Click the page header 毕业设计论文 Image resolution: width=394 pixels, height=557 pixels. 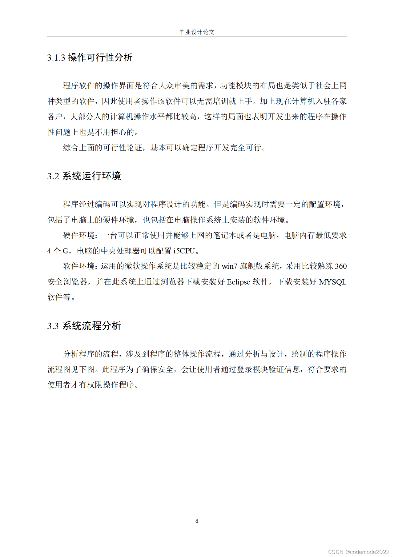[197, 32]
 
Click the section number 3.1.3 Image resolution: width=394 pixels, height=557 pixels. [56, 58]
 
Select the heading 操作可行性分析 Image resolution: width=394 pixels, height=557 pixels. [100, 58]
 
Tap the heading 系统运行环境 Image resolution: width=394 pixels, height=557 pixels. [92, 176]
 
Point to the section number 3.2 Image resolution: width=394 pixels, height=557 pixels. [53, 176]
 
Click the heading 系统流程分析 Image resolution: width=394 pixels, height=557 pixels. [92, 326]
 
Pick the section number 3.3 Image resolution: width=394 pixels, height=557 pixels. [53, 326]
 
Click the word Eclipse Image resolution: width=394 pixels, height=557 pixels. [238, 282]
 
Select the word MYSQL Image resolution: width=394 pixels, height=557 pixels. [332, 282]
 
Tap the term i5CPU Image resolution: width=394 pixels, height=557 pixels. [184, 251]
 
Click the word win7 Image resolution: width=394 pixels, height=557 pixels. [229, 266]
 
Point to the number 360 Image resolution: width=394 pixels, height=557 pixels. [341, 266]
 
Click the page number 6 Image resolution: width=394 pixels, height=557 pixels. [197, 521]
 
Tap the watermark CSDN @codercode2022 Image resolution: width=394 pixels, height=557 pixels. [359, 552]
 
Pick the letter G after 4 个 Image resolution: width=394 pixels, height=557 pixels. [66, 251]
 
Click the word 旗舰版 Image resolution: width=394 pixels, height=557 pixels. [251, 266]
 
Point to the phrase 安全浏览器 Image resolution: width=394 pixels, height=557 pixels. [67, 282]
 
